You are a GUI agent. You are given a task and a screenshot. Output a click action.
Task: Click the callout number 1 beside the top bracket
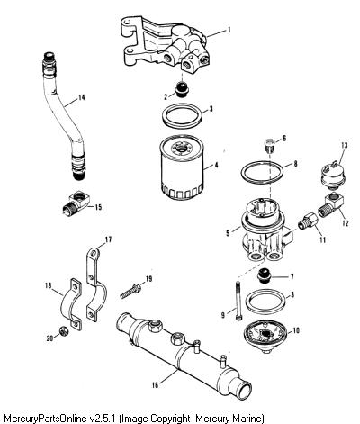[229, 30]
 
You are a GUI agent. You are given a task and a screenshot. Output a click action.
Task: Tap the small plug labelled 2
[182, 89]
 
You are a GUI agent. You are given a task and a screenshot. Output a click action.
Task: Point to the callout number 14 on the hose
[81, 97]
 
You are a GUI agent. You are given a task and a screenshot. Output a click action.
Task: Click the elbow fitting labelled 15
[77, 202]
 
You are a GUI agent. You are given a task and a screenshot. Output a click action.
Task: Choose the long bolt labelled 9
[238, 300]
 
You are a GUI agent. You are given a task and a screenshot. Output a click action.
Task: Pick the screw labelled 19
[131, 291]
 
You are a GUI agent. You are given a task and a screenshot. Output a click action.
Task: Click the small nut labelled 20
[64, 331]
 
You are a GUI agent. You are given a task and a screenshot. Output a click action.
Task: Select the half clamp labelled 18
[72, 303]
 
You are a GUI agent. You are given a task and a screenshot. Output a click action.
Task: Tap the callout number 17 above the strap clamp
[108, 239]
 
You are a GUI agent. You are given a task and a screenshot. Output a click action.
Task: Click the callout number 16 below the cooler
[155, 385]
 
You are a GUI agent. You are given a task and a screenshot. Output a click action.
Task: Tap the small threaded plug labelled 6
[270, 146]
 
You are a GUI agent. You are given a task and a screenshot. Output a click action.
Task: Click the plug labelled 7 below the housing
[265, 275]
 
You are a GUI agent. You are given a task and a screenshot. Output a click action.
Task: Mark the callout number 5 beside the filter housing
[228, 232]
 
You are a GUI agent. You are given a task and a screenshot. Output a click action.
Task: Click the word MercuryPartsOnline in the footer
[46, 418]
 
